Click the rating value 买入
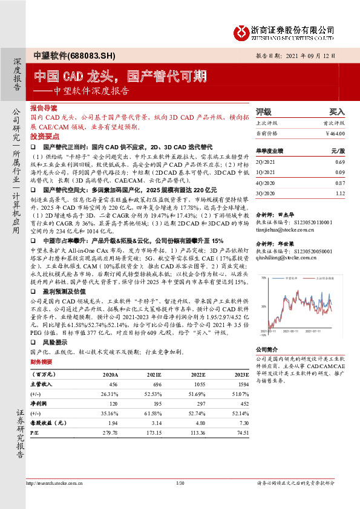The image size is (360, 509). coord(336,112)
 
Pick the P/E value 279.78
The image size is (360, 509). coord(111,433)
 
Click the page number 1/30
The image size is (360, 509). coord(179,482)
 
